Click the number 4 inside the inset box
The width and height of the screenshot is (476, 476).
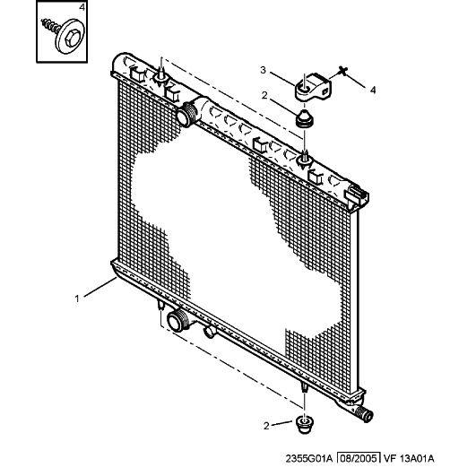[x=82, y=7]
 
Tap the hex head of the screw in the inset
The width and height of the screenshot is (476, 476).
[x=72, y=39]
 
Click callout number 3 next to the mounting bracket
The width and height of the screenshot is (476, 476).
[x=264, y=70]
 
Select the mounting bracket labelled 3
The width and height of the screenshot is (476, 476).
[x=313, y=87]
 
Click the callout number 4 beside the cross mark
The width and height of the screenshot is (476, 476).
[x=373, y=91]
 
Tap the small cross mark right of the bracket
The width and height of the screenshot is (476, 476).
[x=343, y=71]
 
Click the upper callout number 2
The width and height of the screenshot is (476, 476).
[x=264, y=95]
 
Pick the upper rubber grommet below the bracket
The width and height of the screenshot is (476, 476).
[x=305, y=119]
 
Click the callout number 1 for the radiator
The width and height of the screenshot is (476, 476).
[x=77, y=299]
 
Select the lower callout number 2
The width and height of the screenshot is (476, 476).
[x=266, y=426]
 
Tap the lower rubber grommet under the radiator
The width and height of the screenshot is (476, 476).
[x=305, y=425]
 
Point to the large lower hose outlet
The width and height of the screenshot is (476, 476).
[x=177, y=320]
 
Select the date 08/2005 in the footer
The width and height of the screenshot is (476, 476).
[x=359, y=458]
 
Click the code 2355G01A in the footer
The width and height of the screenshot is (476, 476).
[x=309, y=458]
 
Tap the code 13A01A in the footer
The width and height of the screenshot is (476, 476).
[x=417, y=458]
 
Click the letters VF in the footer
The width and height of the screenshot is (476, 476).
[x=389, y=458]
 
